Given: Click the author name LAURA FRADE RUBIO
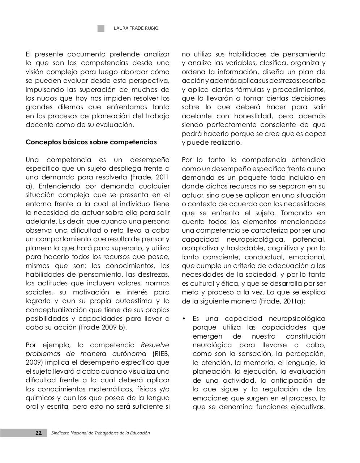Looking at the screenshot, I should coord(136,28).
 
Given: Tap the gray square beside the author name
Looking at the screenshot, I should coord(101,28).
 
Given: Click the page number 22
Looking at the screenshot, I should coord(38,433).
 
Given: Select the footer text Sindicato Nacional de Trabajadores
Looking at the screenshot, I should coord(100,433).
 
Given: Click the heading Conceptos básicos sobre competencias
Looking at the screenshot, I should coord(91,142).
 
